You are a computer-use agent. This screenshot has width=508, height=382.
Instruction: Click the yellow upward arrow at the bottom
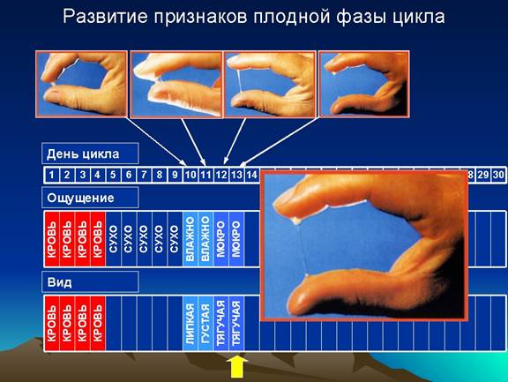click(237, 367)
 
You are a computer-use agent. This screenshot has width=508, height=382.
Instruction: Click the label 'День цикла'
click(83, 154)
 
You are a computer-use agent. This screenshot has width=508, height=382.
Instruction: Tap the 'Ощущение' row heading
click(80, 198)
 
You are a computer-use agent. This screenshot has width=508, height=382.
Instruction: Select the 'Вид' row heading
click(59, 282)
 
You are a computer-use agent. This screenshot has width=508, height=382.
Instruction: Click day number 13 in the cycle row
click(236, 175)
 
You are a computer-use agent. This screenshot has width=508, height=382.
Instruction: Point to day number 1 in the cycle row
click(51, 175)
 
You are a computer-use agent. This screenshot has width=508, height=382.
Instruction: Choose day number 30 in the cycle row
click(498, 175)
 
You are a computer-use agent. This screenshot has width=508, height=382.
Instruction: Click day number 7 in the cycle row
click(144, 175)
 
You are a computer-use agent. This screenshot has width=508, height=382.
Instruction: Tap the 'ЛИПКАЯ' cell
click(190, 324)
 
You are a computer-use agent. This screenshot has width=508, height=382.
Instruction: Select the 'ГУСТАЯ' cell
click(205, 324)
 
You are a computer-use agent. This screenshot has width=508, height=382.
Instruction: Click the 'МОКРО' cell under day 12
click(221, 239)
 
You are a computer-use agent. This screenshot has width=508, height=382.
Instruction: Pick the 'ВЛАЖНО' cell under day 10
click(190, 239)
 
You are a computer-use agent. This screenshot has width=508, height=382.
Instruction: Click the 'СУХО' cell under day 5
click(113, 239)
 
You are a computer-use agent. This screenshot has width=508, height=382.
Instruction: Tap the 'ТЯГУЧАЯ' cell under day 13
click(236, 324)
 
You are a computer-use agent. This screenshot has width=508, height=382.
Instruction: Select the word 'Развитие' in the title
click(105, 16)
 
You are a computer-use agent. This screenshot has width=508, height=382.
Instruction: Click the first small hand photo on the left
click(81, 84)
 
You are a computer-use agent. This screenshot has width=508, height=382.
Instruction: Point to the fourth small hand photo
click(364, 84)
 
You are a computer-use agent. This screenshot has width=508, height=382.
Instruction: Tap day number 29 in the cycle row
click(483, 175)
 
